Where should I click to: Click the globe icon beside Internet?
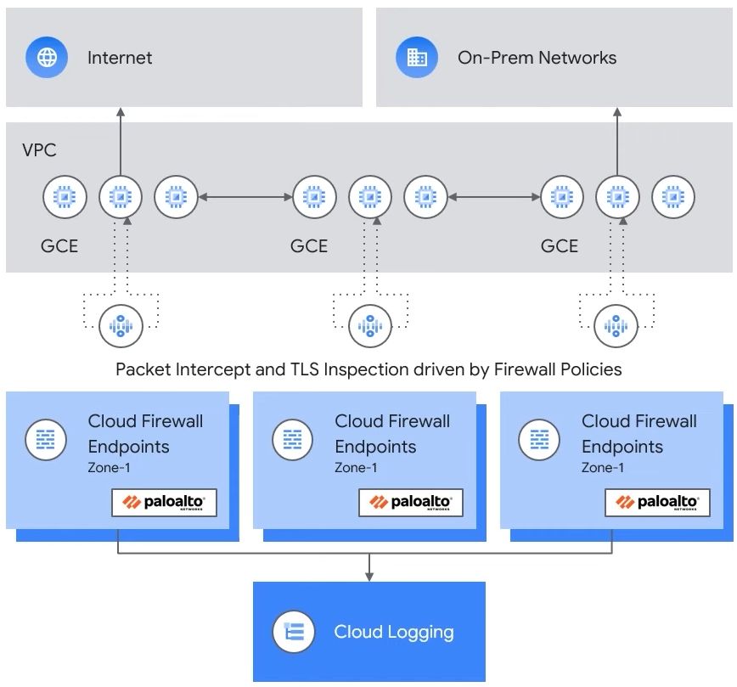click(48, 58)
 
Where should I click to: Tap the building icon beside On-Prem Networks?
click(417, 58)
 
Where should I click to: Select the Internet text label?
click(120, 58)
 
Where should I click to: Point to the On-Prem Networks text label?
click(537, 58)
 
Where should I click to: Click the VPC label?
click(39, 149)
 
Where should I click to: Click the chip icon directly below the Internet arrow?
click(120, 197)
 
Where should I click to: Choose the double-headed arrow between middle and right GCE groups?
click(495, 197)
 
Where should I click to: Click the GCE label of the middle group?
click(309, 246)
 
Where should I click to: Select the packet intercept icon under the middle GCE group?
click(369, 325)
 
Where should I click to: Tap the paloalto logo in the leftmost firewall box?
click(164, 503)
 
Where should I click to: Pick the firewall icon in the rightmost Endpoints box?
click(539, 439)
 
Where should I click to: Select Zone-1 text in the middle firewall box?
click(356, 468)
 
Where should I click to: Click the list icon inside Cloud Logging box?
click(294, 632)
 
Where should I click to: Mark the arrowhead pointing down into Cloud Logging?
click(369, 577)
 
